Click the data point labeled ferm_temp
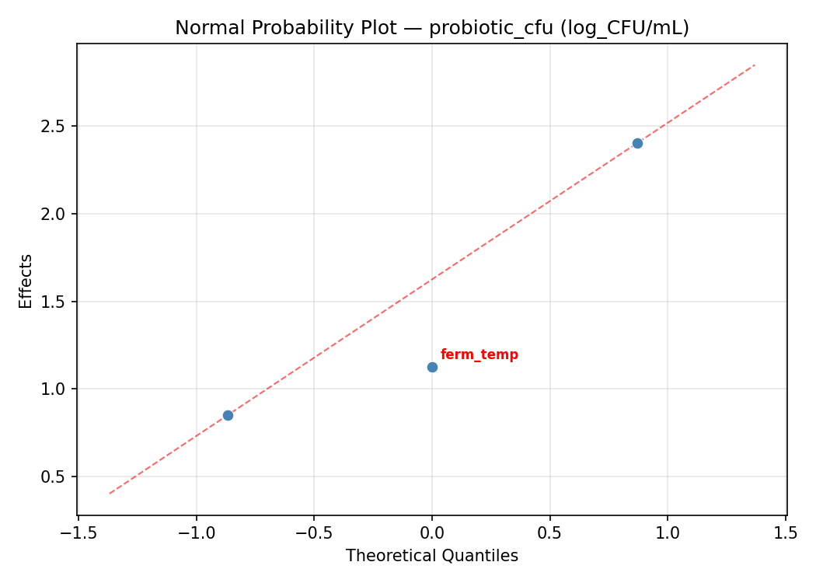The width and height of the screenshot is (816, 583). coord(432,367)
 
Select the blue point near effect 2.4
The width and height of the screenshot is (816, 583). coord(637,143)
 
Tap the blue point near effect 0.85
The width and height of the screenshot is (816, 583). coord(228,415)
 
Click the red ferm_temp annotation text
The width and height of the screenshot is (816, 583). coord(479,355)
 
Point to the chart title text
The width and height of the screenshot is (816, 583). coord(432,28)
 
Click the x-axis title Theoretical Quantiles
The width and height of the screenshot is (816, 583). coord(432,556)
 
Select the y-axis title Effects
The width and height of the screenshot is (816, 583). coord(26,281)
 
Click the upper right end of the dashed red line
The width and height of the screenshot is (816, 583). coord(754,65)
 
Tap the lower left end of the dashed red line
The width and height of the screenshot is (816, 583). coord(110,493)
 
